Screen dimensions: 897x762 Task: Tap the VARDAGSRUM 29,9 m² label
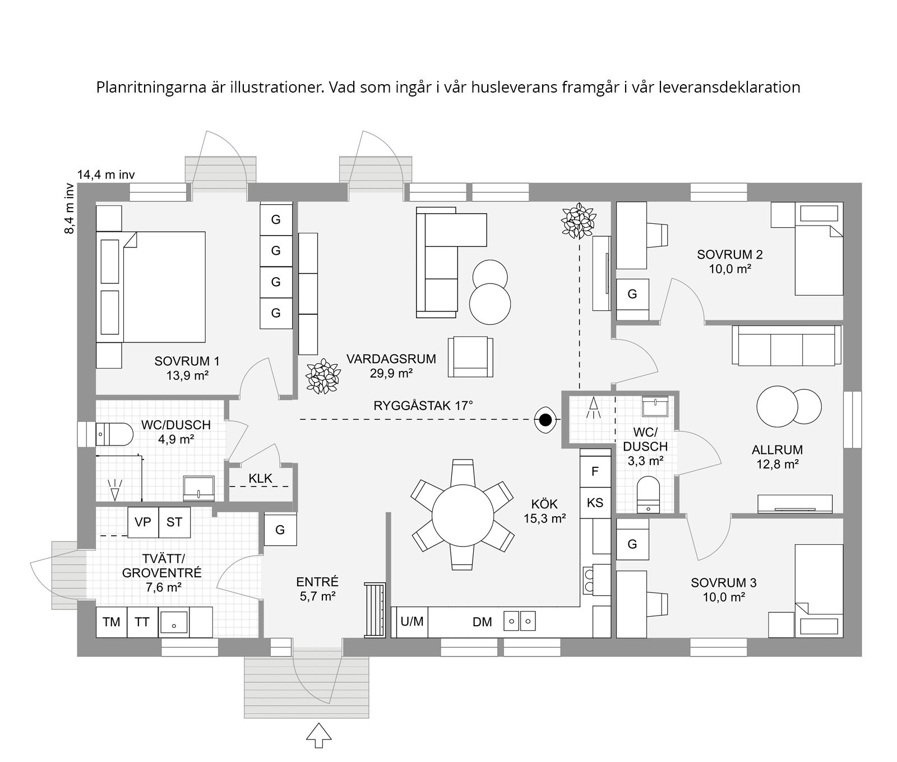point(391,366)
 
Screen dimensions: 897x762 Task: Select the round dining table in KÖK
point(463,515)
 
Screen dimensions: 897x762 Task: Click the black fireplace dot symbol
point(545,420)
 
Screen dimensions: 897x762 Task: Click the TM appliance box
point(112,622)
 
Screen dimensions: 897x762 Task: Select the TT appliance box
point(142,622)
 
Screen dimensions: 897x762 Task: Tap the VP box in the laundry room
point(143,522)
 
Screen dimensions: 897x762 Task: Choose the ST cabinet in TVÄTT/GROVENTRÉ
point(174,522)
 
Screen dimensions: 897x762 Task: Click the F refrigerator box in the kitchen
point(595,471)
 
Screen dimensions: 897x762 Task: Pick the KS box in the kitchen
point(595,503)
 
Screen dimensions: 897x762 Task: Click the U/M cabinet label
point(412,621)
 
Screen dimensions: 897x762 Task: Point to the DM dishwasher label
point(482,622)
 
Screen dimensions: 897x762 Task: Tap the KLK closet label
point(260,478)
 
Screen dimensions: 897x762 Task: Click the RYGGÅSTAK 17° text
point(423,405)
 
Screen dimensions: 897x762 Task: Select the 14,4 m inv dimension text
point(106,175)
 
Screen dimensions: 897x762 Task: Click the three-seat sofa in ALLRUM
point(787,345)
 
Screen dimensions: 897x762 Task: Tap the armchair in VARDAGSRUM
point(470,357)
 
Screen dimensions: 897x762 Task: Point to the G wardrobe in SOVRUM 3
point(632,544)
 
